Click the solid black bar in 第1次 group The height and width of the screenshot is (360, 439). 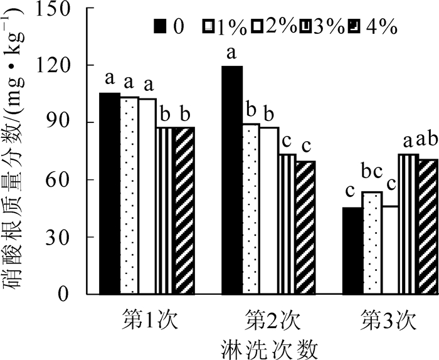pyautogui.click(x=110, y=193)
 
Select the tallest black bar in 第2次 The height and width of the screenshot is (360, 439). pyautogui.click(x=232, y=180)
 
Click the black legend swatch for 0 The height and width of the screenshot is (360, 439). pyautogui.click(x=161, y=26)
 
